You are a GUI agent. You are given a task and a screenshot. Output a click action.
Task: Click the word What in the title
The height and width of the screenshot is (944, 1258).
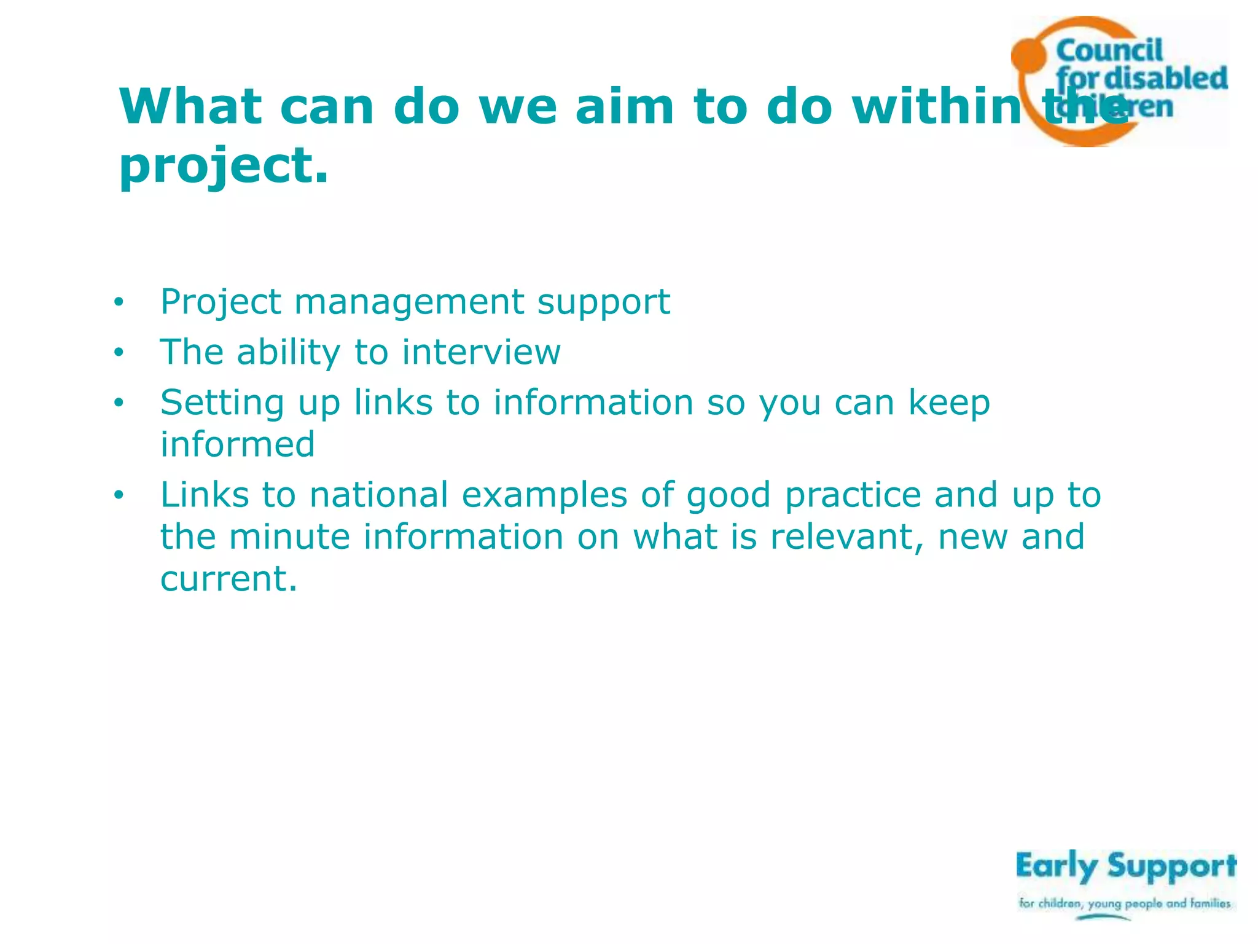[x=190, y=107]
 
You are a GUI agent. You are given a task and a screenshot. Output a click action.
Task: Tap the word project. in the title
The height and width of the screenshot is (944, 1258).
[x=224, y=167]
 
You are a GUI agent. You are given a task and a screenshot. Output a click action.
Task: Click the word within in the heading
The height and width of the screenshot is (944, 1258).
[x=937, y=107]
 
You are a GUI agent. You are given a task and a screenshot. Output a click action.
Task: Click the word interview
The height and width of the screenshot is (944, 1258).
[x=481, y=352]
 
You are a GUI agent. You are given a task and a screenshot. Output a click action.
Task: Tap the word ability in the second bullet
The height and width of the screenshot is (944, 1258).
[x=289, y=352]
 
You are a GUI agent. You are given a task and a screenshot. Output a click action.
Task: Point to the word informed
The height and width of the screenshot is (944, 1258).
[x=238, y=444]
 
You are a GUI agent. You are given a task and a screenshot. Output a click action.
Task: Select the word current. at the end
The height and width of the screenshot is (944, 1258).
[x=229, y=578]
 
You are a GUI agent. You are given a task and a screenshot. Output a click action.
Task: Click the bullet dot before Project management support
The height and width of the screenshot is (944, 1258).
[x=119, y=302]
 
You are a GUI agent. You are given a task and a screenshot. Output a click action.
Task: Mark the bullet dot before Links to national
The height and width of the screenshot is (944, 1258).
[x=119, y=495]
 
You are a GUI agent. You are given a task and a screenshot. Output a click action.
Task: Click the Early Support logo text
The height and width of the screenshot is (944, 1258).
[x=1125, y=867]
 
